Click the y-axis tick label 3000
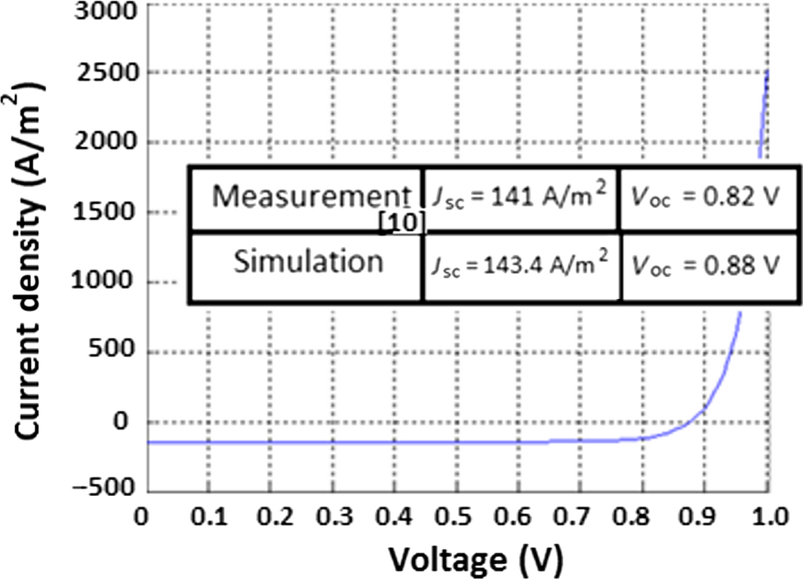(x=107, y=11)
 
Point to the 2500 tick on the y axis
(x=107, y=73)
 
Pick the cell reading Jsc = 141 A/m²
(x=519, y=198)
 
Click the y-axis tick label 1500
(x=107, y=212)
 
